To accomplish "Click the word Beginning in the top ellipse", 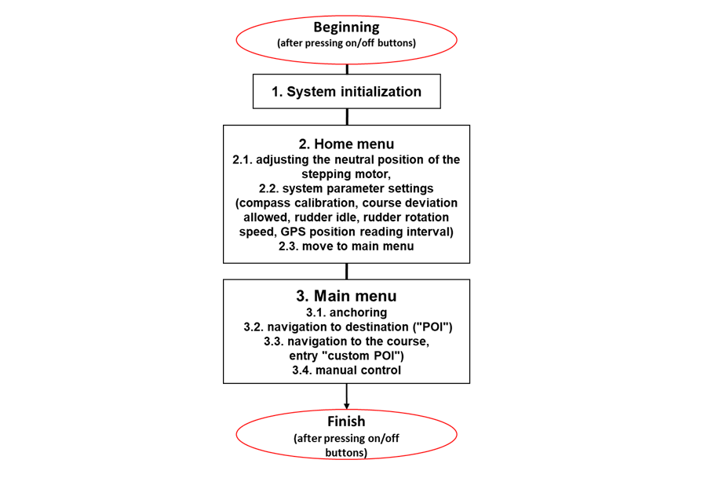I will click(346, 27).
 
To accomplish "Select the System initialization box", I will click(346, 92).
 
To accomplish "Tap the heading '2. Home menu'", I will click(346, 144).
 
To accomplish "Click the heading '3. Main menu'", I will click(346, 296).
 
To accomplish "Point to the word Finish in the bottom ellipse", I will click(346, 421).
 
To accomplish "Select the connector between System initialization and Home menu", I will click(346, 116).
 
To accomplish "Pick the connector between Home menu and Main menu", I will click(346, 271).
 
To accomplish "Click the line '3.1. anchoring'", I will click(346, 312).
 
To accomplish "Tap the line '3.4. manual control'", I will click(346, 370).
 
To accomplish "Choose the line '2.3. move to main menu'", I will click(346, 246).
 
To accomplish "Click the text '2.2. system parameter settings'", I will click(346, 188).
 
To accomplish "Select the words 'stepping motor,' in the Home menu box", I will click(346, 174).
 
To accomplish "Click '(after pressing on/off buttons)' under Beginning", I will click(346, 44).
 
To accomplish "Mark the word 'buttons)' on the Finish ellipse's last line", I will click(346, 453).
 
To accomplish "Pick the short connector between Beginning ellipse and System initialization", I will click(346, 69).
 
